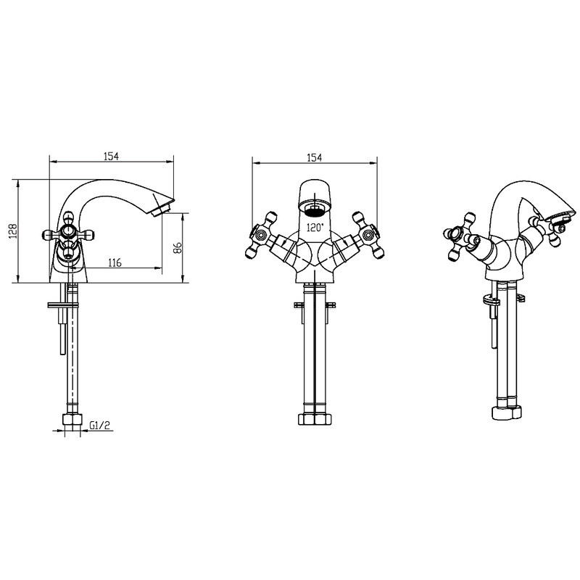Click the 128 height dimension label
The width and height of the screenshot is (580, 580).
pos(13,231)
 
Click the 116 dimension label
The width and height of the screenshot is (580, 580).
pos(115,262)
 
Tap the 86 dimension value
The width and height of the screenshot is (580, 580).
pos(177,247)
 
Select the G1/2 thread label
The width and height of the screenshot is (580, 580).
pos(100,426)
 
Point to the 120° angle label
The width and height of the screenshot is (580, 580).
pos(315,228)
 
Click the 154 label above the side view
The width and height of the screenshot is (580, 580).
pos(111,156)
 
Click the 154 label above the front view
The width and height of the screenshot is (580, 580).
pos(314,157)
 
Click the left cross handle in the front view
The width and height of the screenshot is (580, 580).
pos(261,235)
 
